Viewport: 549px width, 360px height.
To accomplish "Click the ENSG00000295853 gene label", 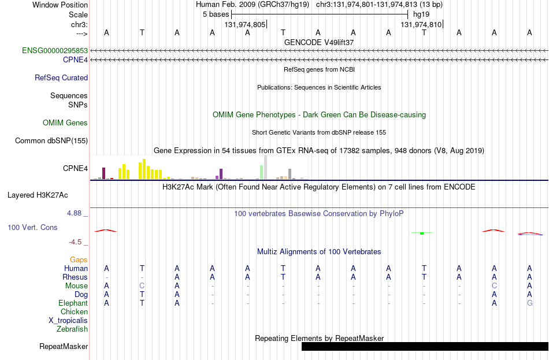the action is (55, 50).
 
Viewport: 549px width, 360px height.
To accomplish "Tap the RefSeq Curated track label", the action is (61, 78).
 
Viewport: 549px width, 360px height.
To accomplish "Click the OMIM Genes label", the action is (65, 123).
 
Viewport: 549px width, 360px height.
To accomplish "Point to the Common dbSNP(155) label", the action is (51, 141).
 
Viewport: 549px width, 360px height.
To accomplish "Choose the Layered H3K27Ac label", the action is (38, 195).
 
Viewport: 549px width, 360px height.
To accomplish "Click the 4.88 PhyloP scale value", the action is (74, 213).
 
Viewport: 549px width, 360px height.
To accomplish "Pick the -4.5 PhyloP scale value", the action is (75, 242).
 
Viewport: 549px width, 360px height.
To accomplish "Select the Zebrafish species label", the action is (72, 329).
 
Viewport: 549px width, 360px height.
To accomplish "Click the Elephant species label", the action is (73, 303).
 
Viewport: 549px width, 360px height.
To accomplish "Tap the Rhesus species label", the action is (75, 277).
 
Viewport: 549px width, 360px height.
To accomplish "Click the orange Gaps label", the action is (79, 259).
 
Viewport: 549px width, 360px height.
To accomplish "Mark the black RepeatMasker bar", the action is (425, 346).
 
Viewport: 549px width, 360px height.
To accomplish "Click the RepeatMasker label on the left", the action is (64, 346).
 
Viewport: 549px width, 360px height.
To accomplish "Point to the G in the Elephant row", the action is (530, 303).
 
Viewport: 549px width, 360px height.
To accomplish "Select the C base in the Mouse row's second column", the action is (142, 286).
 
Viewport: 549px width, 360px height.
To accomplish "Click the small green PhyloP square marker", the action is (422, 233).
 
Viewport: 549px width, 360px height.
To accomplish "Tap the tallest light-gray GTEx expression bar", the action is (266, 168).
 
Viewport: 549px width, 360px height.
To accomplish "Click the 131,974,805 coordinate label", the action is (245, 24).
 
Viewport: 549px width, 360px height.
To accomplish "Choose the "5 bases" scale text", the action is (216, 14).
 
